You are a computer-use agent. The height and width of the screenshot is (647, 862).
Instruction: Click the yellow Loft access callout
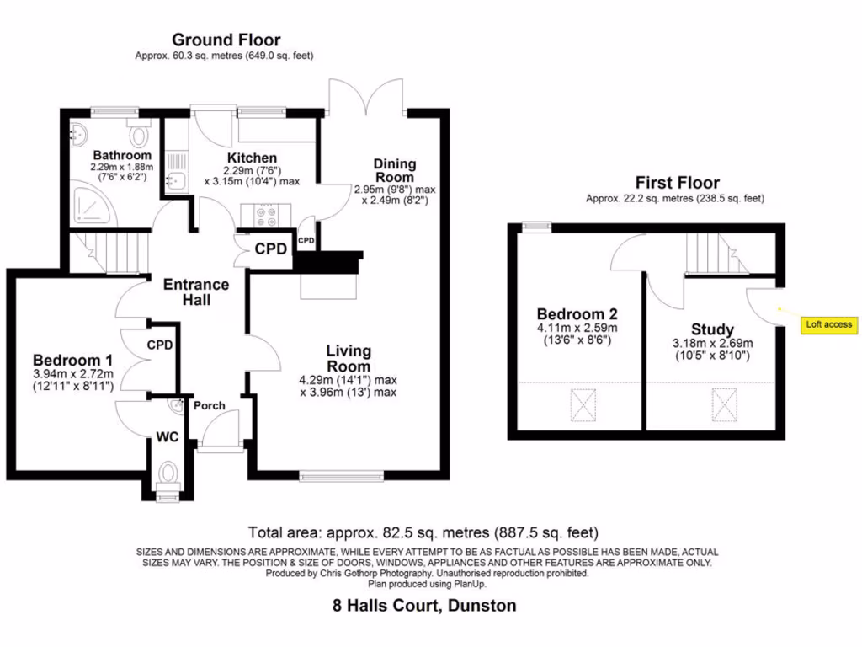[x=829, y=324]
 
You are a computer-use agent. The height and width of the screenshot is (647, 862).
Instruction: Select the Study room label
[x=712, y=329]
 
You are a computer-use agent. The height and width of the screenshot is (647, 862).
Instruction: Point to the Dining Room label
[x=395, y=171]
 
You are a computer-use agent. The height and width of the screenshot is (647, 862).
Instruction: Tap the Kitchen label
[x=252, y=158]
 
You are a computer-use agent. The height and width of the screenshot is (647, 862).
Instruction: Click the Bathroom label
[x=122, y=156]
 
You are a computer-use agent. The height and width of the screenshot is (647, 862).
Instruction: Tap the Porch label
[x=210, y=406]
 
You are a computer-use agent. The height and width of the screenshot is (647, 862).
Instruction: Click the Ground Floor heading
[x=226, y=40]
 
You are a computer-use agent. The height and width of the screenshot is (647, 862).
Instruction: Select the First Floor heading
[x=677, y=183]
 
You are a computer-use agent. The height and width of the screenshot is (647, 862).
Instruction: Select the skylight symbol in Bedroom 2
[x=583, y=404]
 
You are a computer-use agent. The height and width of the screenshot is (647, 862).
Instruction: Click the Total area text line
[x=423, y=532]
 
